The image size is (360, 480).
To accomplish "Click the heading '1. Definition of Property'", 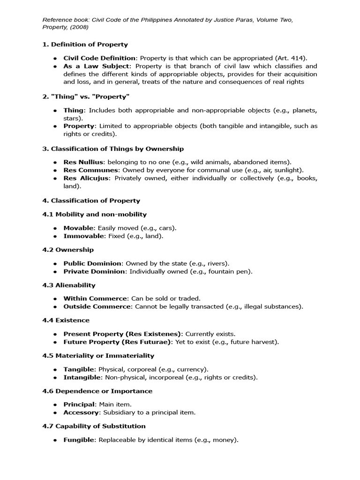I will (85, 45).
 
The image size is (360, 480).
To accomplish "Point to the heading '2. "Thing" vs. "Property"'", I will (86, 97).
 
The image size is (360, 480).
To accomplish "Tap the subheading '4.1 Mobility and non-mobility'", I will (94, 214).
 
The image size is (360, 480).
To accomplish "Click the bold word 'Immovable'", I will (81, 236).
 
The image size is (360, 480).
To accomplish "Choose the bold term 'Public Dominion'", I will (92, 263).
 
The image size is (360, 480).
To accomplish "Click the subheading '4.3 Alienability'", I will (68, 285).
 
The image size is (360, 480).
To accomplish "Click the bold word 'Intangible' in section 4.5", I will (82, 377).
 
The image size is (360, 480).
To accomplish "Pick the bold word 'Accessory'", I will (82, 412).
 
